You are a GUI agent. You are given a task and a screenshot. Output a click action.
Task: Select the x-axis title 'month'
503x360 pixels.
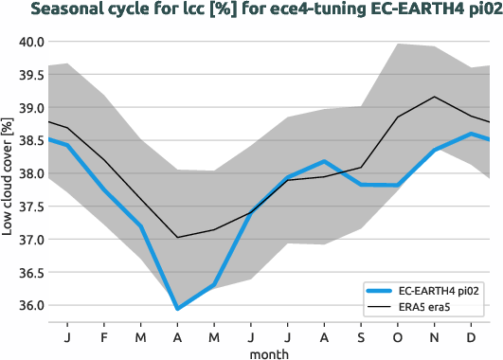(269, 353)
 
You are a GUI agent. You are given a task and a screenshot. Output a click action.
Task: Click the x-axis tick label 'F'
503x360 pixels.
(103, 336)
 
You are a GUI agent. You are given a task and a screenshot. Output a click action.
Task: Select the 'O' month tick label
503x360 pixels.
(397, 336)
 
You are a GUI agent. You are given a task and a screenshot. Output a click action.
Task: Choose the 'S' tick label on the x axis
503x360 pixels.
(361, 336)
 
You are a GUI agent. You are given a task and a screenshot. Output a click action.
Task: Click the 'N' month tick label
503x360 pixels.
(434, 336)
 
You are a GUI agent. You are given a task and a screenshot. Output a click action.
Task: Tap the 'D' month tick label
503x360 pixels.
(471, 336)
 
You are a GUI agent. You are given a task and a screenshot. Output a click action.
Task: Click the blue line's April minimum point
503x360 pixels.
(177, 309)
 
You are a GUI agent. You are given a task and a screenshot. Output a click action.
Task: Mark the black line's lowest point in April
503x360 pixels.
(177, 238)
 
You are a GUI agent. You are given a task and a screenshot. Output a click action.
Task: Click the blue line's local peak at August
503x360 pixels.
(324, 162)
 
